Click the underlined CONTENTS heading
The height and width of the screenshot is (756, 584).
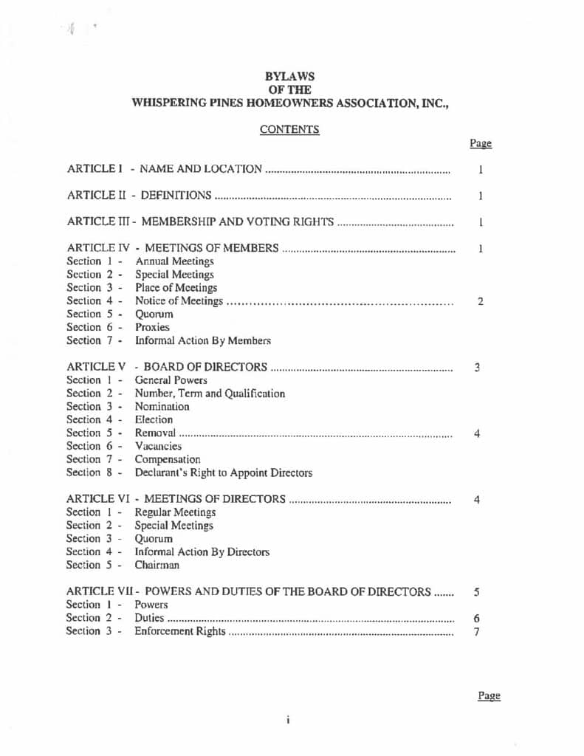click(x=289, y=129)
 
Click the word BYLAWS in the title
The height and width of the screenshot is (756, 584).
click(x=289, y=76)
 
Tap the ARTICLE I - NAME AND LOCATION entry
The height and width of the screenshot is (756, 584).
click(x=164, y=169)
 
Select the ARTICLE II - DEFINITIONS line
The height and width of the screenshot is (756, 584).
click(x=140, y=196)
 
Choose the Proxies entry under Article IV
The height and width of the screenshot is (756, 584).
click(x=152, y=327)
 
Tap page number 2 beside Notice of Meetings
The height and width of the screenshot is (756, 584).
click(x=480, y=301)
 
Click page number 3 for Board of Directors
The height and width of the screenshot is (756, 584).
click(x=478, y=367)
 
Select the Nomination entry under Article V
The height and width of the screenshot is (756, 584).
click(x=162, y=406)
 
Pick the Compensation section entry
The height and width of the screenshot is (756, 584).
click(x=168, y=459)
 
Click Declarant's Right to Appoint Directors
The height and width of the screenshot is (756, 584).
click(x=223, y=472)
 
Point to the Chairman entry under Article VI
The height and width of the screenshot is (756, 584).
click(x=157, y=565)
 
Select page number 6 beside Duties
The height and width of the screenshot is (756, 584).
click(x=477, y=618)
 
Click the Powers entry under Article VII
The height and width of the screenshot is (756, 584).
click(x=151, y=605)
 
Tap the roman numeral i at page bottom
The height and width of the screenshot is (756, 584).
click(x=286, y=719)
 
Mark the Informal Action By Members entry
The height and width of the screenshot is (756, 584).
click(x=202, y=340)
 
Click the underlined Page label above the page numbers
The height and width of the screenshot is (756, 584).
click(x=480, y=144)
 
